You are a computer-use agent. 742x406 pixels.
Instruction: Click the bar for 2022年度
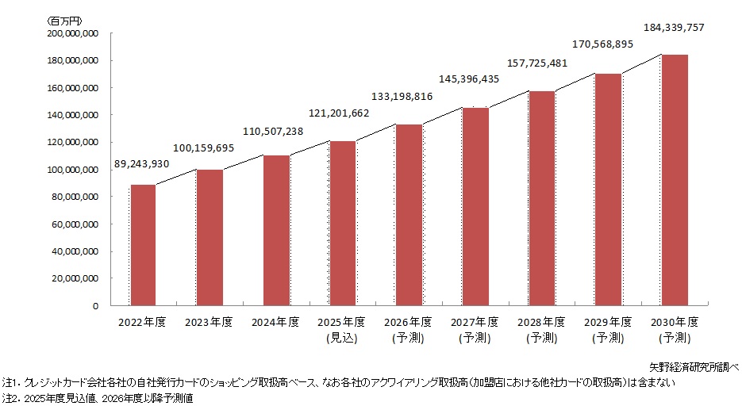[144, 245]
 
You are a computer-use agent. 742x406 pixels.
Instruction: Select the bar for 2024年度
[276, 230]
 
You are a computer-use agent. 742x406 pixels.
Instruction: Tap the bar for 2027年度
[475, 206]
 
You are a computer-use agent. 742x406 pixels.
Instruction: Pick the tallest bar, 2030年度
[675, 180]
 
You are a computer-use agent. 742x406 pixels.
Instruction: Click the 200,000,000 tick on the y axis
[72, 34]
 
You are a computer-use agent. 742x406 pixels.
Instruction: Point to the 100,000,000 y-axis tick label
[72, 170]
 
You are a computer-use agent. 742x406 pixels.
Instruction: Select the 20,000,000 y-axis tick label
[75, 278]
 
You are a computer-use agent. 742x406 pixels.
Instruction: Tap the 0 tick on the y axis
[95, 306]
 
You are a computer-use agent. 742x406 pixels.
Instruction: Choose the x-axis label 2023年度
[210, 322]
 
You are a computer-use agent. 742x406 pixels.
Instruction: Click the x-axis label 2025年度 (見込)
[342, 329]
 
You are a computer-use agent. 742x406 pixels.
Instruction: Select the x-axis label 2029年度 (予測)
[608, 329]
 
